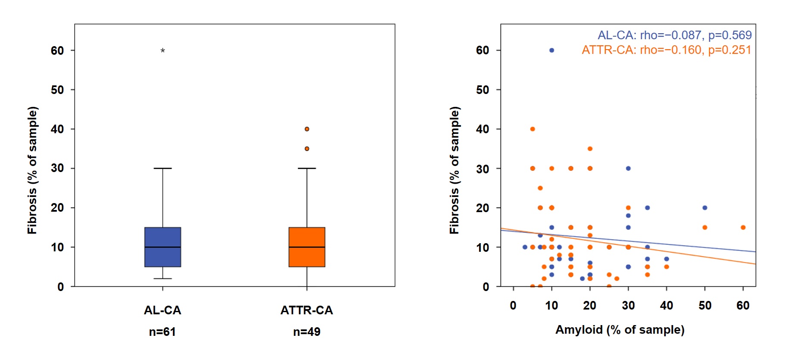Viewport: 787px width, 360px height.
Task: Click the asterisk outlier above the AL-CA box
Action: (x=163, y=50)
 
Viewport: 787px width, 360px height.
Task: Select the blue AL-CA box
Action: (x=163, y=247)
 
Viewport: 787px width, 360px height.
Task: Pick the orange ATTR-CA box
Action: (x=307, y=247)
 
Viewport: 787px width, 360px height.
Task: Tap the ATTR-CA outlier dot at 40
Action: (x=307, y=129)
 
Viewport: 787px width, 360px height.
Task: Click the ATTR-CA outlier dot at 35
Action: (x=307, y=149)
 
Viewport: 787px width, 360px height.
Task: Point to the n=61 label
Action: (x=162, y=332)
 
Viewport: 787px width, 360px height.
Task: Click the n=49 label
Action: (x=307, y=332)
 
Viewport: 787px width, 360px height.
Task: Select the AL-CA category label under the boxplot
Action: (x=162, y=310)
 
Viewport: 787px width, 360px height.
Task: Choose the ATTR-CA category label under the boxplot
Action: (x=307, y=310)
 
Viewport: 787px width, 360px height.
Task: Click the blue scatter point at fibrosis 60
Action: (x=552, y=50)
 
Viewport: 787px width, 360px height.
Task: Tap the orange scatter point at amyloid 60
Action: (x=743, y=227)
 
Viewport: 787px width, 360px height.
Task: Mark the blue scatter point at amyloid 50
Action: (x=705, y=208)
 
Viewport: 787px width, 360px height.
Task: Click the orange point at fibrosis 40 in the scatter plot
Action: (x=533, y=129)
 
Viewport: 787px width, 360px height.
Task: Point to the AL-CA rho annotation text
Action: (x=674, y=35)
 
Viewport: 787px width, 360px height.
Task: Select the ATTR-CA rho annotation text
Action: (x=666, y=50)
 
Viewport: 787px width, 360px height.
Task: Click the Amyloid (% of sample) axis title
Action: (x=620, y=330)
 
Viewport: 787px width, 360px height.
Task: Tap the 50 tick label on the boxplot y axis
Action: (x=57, y=90)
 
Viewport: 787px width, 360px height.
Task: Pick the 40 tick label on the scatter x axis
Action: (x=666, y=305)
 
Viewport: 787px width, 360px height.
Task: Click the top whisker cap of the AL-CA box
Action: (x=163, y=168)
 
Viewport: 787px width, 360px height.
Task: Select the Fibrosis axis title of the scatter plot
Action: (x=454, y=170)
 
